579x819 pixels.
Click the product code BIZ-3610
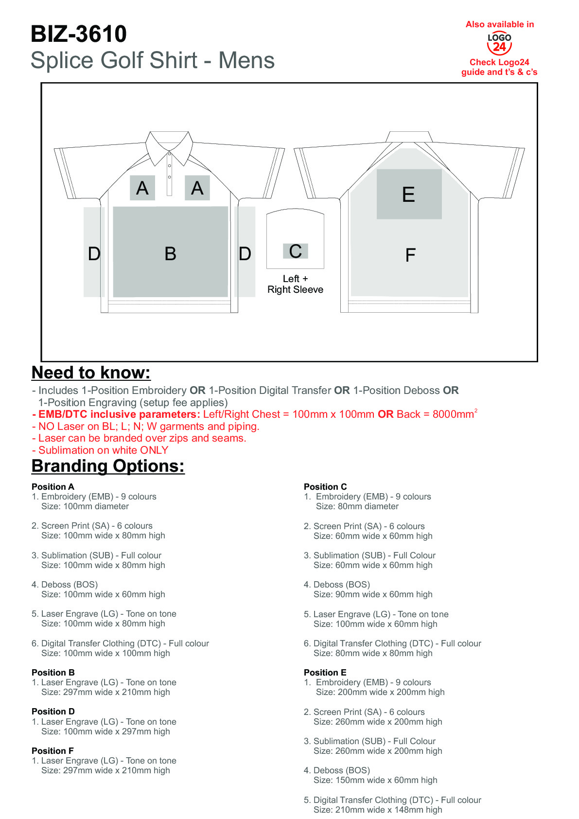click(79, 34)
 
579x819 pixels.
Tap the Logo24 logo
click(499, 43)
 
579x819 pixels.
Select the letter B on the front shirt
click(170, 254)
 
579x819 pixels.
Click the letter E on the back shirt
click(408, 195)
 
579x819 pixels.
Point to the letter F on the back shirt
click(410, 255)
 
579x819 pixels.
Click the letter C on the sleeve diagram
click(295, 251)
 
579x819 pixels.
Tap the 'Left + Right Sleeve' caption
click(295, 284)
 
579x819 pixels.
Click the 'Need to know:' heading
click(91, 373)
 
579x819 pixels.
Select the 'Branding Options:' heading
click(108, 466)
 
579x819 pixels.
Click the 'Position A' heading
click(53, 487)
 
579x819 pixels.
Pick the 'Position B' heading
click(53, 673)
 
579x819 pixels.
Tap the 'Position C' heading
click(325, 487)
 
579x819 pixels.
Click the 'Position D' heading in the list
click(53, 712)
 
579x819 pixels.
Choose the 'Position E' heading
click(325, 673)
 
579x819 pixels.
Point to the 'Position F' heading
click(53, 751)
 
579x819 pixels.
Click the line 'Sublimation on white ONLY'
click(103, 450)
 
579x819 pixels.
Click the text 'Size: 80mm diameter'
click(357, 506)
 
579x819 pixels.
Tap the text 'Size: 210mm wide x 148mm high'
click(378, 810)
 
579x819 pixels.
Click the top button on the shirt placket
click(169, 156)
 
